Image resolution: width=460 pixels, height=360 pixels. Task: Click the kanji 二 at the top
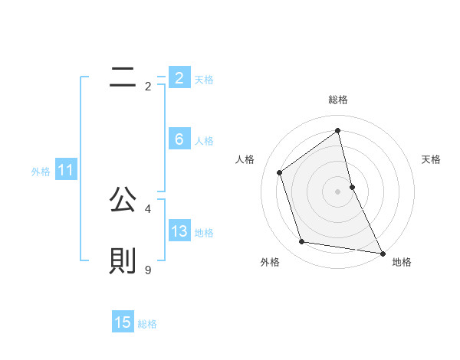pos(123,77)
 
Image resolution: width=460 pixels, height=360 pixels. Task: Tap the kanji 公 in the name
pos(123,201)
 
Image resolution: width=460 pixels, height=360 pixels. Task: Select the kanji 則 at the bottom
pos(123,262)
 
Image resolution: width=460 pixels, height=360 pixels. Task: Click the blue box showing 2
pos(179,78)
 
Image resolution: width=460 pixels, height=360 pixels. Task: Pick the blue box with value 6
pos(179,139)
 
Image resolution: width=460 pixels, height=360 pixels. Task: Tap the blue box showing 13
pos(179,231)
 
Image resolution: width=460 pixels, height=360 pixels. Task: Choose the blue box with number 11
pos(65,171)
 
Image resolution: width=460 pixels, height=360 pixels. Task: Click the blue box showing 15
pos(123,322)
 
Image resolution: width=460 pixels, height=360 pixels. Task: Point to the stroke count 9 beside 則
pos(147,270)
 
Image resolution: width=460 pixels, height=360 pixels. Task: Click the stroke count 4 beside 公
pos(147,208)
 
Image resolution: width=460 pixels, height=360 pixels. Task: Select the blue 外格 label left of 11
pos(41,172)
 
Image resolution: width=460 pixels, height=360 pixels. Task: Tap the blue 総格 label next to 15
pos(147,324)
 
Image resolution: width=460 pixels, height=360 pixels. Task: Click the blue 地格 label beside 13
pos(204,233)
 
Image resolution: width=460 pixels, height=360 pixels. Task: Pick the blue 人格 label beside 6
pos(204,141)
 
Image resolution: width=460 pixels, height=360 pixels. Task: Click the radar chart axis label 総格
pos(337,100)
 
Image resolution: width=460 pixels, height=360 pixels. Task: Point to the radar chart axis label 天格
pos(432,159)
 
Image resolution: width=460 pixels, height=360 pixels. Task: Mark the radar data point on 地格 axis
pos(382,252)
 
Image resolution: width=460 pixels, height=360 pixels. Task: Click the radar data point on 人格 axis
pos(280,172)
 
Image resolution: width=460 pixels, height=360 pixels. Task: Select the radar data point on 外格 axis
pos(302,242)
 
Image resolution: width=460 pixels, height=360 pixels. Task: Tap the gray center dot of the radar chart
pos(337,191)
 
